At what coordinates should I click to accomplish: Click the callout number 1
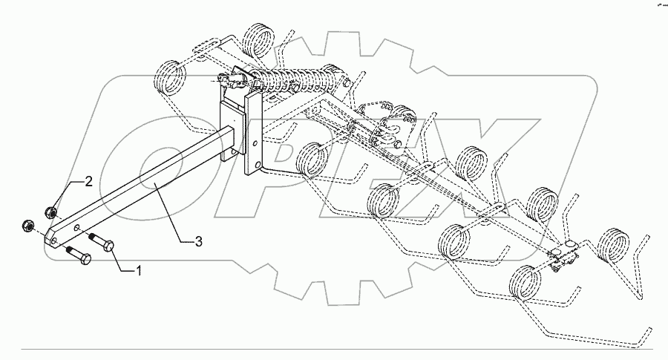pyautogui.click(x=137, y=272)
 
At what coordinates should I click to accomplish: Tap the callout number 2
pyautogui.click(x=88, y=181)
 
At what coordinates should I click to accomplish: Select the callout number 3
pyautogui.click(x=198, y=240)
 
